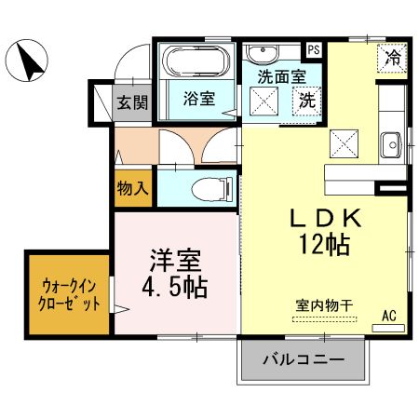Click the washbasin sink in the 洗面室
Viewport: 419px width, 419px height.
[x=260, y=51]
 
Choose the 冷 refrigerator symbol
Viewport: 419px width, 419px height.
[x=393, y=58]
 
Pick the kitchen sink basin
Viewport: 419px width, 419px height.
[x=391, y=144]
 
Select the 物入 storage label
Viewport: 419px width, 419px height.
[x=132, y=188]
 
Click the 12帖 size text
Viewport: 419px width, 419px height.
[x=323, y=247]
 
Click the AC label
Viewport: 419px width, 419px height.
[x=389, y=316]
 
